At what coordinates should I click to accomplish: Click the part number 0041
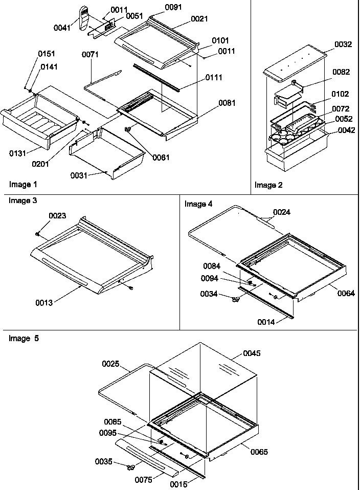(x=63, y=28)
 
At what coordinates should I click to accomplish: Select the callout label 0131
(x=17, y=152)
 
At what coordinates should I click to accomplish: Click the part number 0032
(x=343, y=44)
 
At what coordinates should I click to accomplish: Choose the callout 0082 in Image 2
(x=341, y=72)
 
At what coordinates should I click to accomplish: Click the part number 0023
(x=57, y=216)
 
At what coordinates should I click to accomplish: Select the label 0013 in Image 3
(x=43, y=303)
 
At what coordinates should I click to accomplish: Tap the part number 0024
(x=282, y=212)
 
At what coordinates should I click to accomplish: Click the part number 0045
(x=252, y=353)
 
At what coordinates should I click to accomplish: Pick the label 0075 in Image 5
(x=144, y=480)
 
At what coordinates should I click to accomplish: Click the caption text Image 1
(x=23, y=184)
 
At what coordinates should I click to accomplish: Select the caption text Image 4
(x=198, y=204)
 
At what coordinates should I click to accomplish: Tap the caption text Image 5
(x=24, y=338)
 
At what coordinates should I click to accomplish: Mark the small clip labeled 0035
(x=130, y=466)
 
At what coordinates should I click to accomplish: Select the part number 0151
(x=47, y=54)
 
